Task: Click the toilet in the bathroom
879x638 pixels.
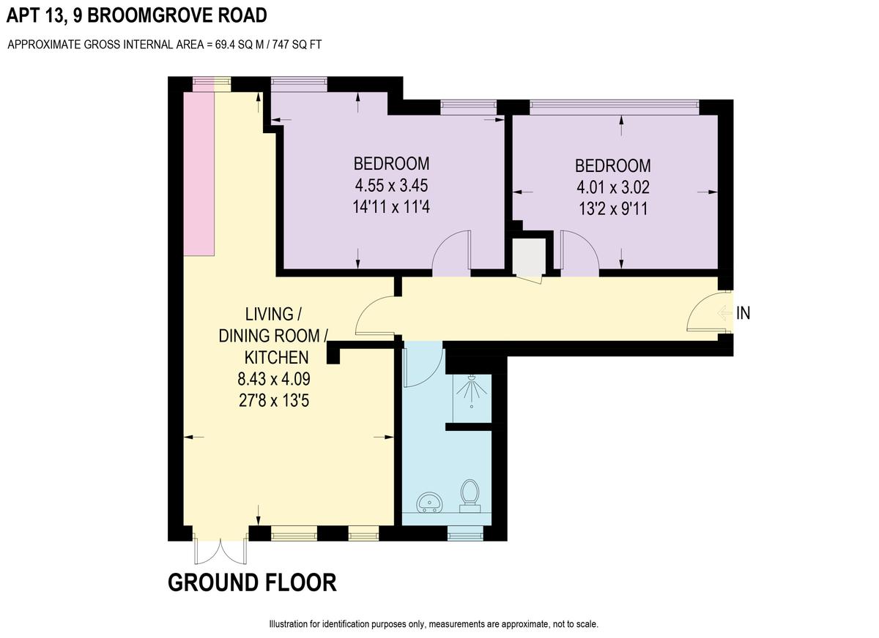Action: pos(470,496)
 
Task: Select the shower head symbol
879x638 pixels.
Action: pos(472,388)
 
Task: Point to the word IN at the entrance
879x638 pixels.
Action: pos(743,313)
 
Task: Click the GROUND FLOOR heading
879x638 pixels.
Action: pos(252,582)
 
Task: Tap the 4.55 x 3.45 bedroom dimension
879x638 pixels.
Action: pos(391,185)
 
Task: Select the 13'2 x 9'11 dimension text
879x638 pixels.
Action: pos(613,209)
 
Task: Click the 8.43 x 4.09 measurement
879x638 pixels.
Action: pos(274,379)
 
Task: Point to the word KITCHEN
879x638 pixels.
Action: pos(276,357)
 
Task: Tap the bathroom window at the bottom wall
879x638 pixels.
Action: pos(465,533)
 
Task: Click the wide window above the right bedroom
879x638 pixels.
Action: pos(615,104)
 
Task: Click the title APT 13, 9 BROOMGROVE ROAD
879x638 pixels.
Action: pos(136,15)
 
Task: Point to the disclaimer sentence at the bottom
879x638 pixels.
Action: pos(434,624)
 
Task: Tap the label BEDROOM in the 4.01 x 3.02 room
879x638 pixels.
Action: pos(613,166)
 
